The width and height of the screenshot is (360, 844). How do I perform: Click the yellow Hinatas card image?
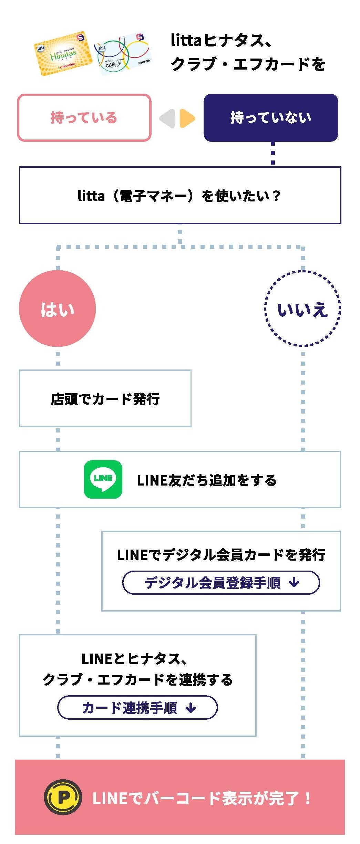63,54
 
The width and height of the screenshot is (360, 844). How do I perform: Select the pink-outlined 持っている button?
84,118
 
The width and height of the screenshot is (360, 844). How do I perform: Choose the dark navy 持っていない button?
271,118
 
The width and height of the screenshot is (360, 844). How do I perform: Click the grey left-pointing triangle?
168,118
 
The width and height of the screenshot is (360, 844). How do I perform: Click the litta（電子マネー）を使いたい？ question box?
180,196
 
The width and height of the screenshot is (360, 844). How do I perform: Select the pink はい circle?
57,309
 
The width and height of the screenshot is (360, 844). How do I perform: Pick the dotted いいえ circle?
302,309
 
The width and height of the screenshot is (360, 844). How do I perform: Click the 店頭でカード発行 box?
105,399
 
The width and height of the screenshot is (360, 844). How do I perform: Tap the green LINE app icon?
103,479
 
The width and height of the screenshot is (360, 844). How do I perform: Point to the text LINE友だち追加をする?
207,480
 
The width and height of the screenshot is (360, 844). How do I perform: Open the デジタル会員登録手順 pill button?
221,583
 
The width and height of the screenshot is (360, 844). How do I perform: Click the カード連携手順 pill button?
137,708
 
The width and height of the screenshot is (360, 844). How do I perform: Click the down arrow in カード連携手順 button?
191,708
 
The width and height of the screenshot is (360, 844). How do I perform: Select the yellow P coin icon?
63,797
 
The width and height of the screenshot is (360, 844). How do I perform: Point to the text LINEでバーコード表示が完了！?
202,798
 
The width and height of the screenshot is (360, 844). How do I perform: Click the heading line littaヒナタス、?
222,41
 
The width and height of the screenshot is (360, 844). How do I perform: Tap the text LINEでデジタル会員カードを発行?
221,555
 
